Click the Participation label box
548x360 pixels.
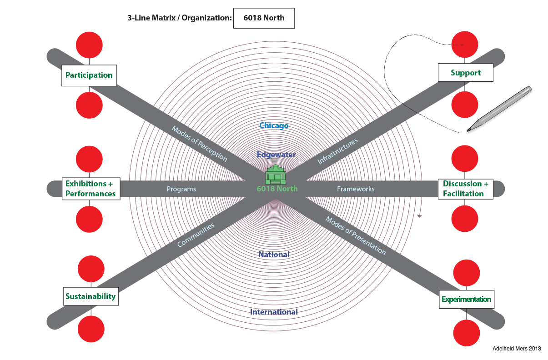[89, 75]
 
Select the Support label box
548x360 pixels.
[465, 73]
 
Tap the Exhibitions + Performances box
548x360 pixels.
[90, 189]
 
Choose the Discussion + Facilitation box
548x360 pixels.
[466, 189]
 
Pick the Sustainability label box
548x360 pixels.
[90, 296]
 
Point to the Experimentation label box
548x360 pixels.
[466, 299]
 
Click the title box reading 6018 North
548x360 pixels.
[264, 18]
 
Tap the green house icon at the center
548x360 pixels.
[276, 174]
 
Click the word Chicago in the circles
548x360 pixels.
[274, 125]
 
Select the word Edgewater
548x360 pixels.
[276, 155]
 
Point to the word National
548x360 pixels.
[274, 255]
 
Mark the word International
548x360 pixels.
[274, 312]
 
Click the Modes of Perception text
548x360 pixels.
[199, 143]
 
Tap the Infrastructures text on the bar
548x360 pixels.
[337, 150]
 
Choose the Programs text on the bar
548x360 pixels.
[181, 189]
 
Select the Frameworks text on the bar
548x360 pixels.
[356, 189]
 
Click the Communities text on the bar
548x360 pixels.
[196, 235]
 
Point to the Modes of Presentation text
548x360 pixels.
[355, 235]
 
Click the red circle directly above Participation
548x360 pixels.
[89, 45]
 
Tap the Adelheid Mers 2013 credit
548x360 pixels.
[517, 349]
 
